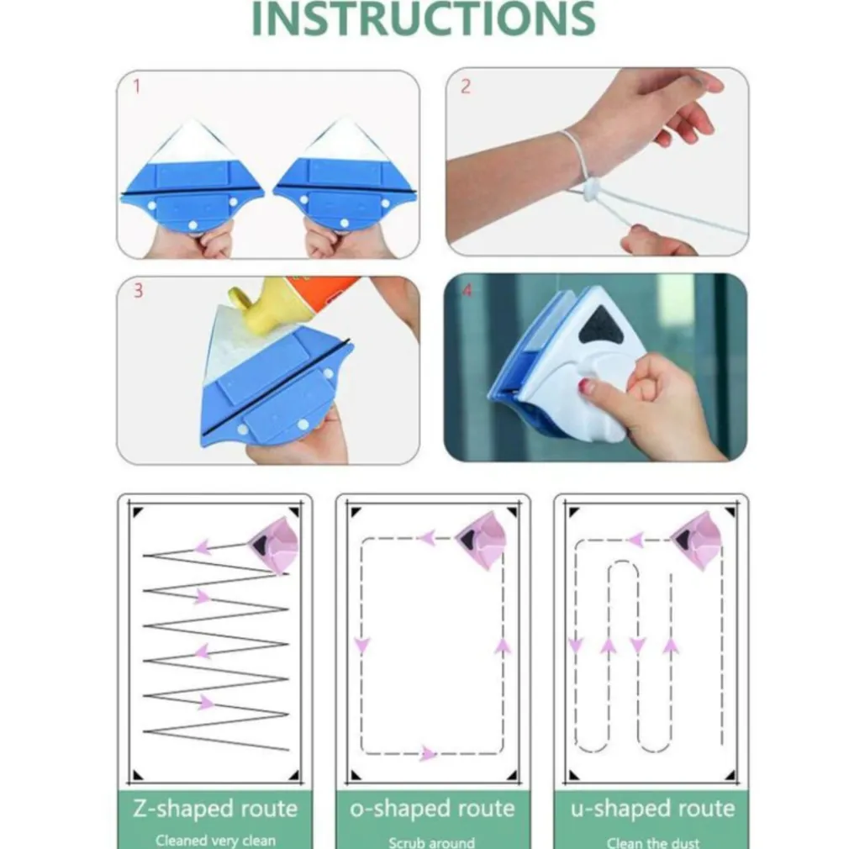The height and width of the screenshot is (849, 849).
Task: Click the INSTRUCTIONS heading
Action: coord(424,18)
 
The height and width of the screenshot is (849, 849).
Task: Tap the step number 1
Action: coord(137,86)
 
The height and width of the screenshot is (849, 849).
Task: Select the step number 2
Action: coord(466,86)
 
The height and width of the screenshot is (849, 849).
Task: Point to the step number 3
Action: coord(139,291)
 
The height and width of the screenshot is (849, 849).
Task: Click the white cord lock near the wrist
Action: coord(591,191)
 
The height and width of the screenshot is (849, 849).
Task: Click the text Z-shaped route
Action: coord(215,809)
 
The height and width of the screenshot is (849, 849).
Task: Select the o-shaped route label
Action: coord(432,809)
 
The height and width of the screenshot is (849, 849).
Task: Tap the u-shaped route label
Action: coord(652,809)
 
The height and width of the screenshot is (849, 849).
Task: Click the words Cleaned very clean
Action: coord(215,841)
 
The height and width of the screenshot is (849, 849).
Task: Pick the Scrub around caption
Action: coord(431,842)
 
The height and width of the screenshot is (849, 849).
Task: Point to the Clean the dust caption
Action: coord(652,842)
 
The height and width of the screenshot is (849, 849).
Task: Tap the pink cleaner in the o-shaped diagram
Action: coord(482,541)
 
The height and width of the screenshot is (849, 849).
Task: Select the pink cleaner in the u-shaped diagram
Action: coord(697,541)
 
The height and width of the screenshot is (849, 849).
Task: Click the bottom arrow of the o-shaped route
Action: coord(428,753)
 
